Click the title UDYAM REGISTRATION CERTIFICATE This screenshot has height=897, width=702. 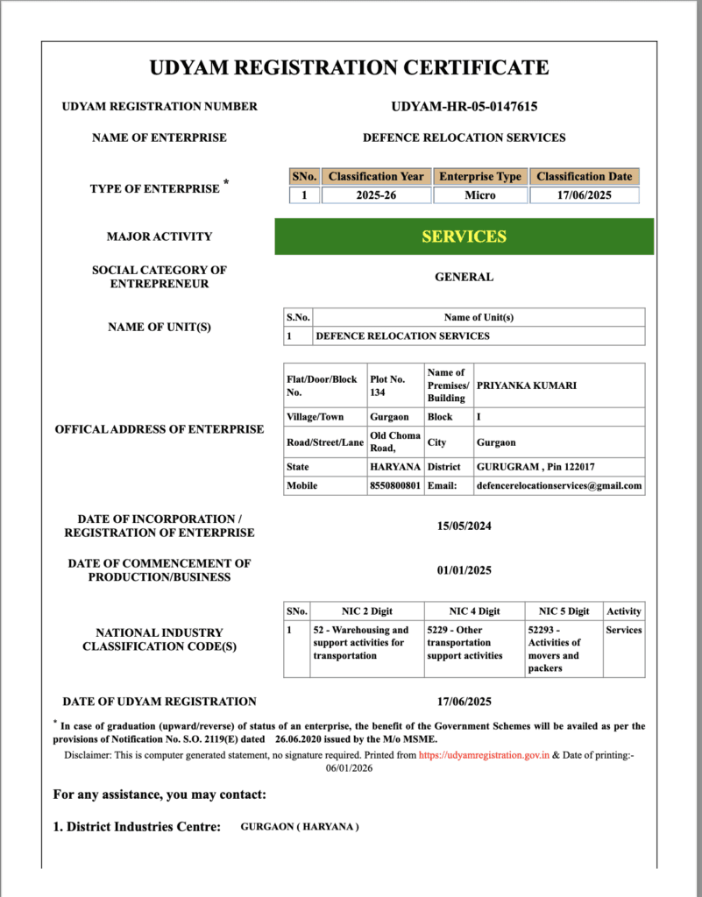pyautogui.click(x=349, y=67)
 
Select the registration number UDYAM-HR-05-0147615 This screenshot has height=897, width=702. pyautogui.click(x=464, y=107)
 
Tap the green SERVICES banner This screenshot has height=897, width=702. pyautogui.click(x=464, y=237)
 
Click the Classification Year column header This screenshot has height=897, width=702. pyautogui.click(x=376, y=176)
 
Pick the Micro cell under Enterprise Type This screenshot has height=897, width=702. pyautogui.click(x=479, y=195)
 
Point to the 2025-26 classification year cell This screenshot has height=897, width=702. pyautogui.click(x=376, y=195)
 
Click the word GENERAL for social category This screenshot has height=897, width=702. pyautogui.click(x=464, y=277)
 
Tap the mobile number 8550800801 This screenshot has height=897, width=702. pyautogui.click(x=394, y=485)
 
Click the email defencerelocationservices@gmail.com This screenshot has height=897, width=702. pyautogui.click(x=558, y=485)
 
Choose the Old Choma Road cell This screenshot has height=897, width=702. pyautogui.click(x=394, y=441)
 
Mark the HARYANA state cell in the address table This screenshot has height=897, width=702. pyautogui.click(x=394, y=467)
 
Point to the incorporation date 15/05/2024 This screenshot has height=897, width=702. pyautogui.click(x=464, y=526)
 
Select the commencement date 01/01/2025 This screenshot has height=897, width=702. pyautogui.click(x=464, y=570)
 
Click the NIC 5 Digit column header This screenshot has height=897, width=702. pyautogui.click(x=564, y=611)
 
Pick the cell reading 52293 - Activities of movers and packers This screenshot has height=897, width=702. pyautogui.click(x=554, y=649)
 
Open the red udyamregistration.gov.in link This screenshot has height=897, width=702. pyautogui.click(x=484, y=753)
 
